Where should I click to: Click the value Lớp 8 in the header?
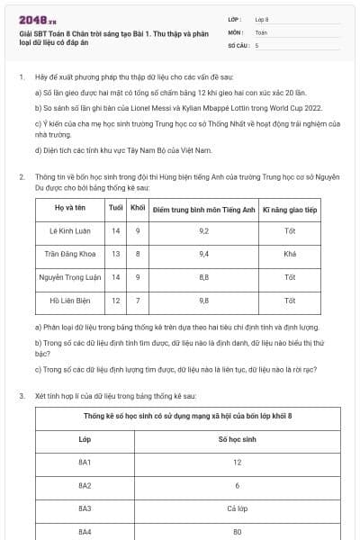[x=262, y=18]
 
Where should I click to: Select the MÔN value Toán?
[x=261, y=31]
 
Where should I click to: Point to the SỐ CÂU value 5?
[x=256, y=44]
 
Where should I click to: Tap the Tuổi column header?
[x=115, y=208]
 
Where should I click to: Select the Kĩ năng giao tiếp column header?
[x=290, y=208]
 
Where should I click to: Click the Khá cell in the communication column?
[x=290, y=254]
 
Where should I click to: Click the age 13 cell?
[x=115, y=254]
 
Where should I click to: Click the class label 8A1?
[x=85, y=463]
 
